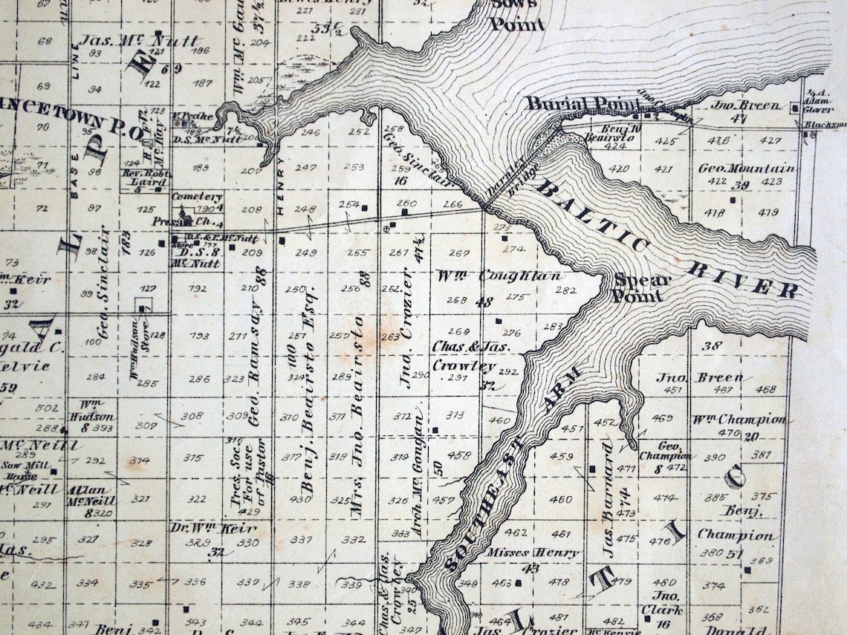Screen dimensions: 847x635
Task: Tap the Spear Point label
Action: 642,288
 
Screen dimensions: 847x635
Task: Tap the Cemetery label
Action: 197,197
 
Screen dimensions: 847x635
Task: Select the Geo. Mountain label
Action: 745,169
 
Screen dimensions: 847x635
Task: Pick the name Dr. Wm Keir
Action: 214,530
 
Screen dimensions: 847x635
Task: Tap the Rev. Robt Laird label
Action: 146,178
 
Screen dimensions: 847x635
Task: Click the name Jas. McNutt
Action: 139,40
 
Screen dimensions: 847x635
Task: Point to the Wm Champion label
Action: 739,419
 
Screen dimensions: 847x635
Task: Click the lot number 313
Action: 455,415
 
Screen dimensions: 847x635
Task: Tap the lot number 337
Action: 301,539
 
